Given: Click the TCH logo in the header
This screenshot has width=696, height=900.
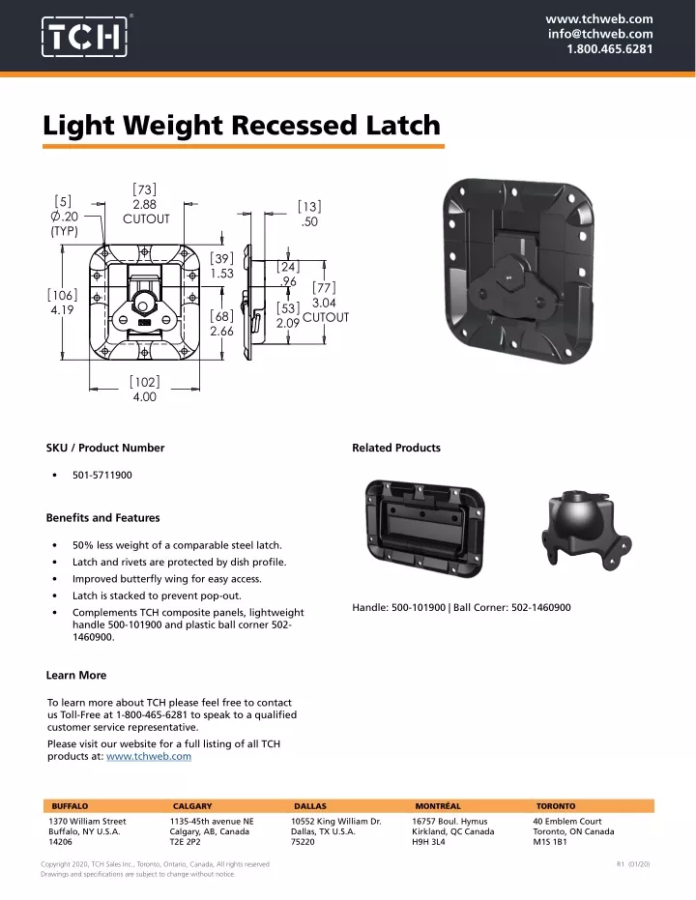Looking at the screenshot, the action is (x=85, y=37).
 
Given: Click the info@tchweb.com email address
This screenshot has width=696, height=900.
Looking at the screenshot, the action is (x=599, y=34).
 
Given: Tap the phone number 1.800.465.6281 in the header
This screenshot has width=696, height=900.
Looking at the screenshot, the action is (x=609, y=48).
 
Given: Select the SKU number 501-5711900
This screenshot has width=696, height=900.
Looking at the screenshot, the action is (x=102, y=475).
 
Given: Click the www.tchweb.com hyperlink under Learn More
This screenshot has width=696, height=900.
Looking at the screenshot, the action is (x=149, y=756).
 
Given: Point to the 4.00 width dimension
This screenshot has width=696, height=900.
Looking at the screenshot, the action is (x=145, y=396).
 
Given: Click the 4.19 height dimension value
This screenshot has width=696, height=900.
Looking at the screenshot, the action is (x=62, y=310).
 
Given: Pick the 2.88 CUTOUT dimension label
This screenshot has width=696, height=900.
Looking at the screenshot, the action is (x=146, y=211).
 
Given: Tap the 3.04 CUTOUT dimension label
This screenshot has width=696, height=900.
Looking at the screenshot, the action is (x=326, y=310).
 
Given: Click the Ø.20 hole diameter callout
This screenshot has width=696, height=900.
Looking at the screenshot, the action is (x=64, y=217).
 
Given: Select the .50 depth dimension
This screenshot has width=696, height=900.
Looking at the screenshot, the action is (x=309, y=221).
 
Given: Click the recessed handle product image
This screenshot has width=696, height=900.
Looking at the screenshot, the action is (x=424, y=527).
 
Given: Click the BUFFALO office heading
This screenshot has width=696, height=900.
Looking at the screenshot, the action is (x=70, y=806).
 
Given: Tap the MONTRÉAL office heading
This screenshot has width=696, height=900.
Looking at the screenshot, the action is (x=438, y=806).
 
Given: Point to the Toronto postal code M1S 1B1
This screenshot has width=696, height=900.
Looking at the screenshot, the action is (x=550, y=842).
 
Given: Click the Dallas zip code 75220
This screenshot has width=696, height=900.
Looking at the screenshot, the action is (x=303, y=842).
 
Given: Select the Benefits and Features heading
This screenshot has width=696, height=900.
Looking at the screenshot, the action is (x=102, y=518).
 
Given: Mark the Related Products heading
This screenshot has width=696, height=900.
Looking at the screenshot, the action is (x=396, y=448).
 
